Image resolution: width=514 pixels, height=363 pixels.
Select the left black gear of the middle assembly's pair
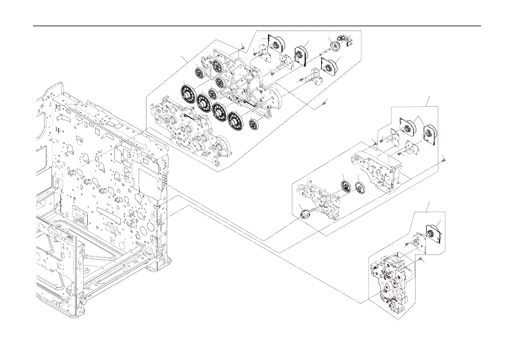[x=346, y=186]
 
